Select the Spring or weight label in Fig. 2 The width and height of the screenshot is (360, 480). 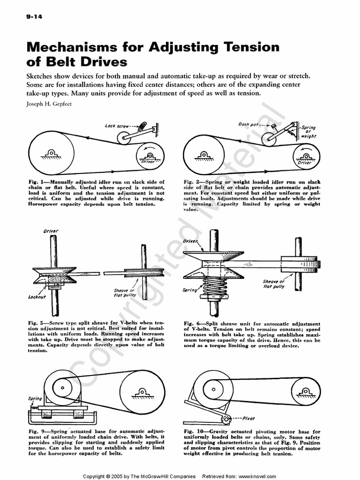[x=308, y=132]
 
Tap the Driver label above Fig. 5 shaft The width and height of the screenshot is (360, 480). [x=50, y=231]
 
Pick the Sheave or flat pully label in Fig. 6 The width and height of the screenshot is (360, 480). [x=274, y=284]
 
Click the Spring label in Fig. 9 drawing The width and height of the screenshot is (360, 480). [x=35, y=398]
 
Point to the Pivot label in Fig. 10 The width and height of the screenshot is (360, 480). [x=249, y=419]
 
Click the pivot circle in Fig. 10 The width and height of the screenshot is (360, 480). [x=226, y=419]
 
